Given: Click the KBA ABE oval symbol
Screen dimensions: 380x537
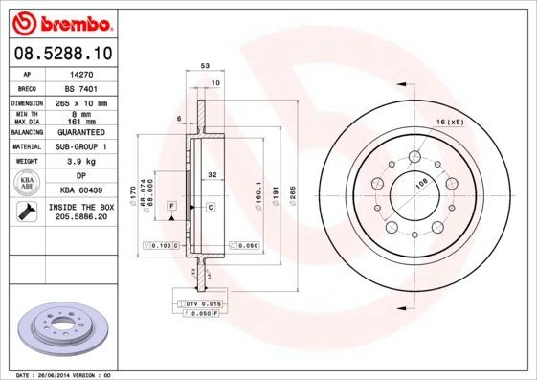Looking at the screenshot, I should click(28, 184).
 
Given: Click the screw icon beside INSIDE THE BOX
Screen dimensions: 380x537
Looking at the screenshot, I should click(27, 212).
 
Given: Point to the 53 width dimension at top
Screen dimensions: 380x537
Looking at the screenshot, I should click(205, 66).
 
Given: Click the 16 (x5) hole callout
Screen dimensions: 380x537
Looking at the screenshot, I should click(450, 123).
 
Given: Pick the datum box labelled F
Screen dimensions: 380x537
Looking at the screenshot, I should click(171, 206).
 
